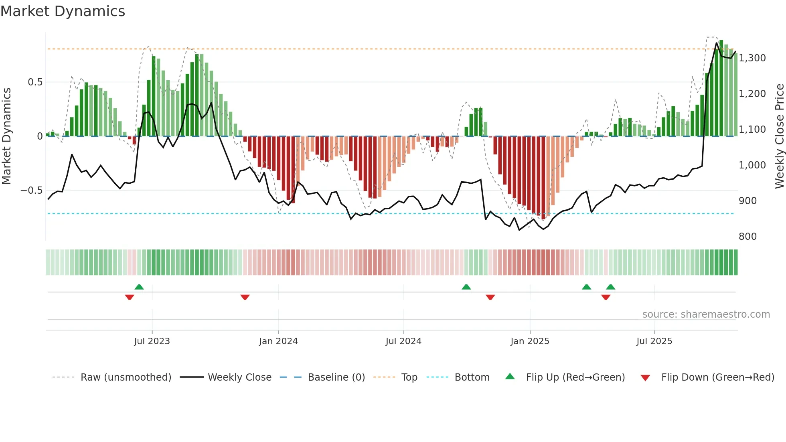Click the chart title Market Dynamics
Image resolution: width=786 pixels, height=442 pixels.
63,11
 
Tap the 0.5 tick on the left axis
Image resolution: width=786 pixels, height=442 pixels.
35,82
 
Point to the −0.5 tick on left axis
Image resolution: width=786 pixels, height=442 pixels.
31,191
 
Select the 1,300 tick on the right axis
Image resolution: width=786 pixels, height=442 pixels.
752,58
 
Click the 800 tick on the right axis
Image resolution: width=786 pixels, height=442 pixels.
748,237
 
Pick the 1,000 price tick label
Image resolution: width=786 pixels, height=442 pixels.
752,165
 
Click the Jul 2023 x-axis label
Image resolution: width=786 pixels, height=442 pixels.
152,341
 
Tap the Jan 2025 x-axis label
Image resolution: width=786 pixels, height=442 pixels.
530,341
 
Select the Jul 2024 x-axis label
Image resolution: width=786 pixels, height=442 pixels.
403,341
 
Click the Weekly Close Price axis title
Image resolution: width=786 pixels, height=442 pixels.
779,136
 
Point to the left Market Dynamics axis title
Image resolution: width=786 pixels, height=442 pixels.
6,136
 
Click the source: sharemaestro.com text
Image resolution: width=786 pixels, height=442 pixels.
706,314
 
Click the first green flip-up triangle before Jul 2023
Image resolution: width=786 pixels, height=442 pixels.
139,287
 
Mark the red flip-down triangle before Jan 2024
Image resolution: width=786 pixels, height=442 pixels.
245,297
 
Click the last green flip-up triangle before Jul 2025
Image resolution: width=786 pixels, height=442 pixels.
610,287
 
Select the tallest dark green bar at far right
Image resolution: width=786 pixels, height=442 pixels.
721,88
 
